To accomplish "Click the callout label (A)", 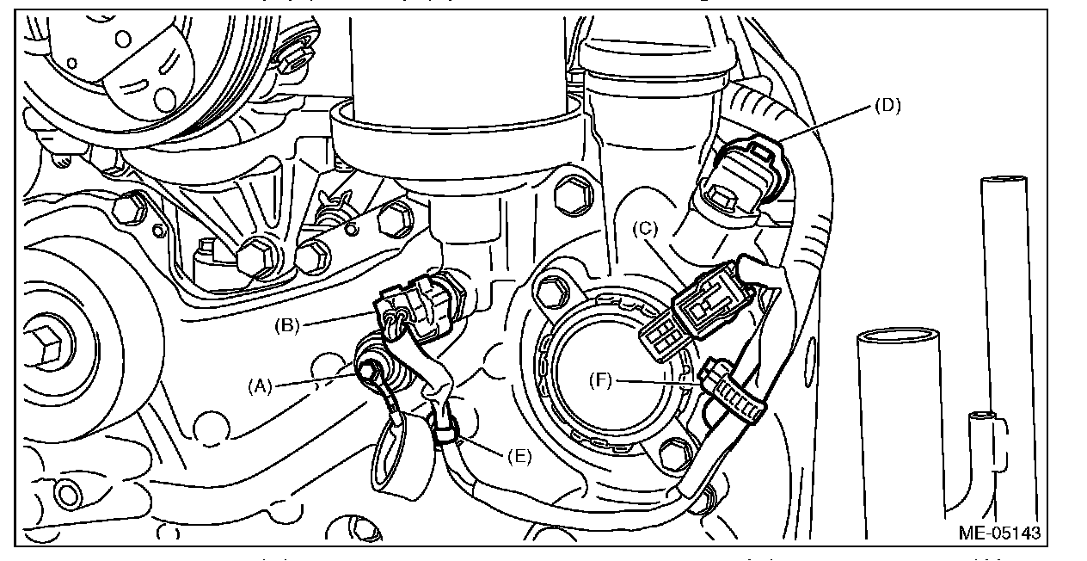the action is click(x=260, y=386).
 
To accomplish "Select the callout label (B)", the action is click(x=286, y=325).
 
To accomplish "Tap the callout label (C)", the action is click(x=645, y=230).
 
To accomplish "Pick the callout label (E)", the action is click(x=519, y=456).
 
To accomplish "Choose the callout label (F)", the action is click(x=602, y=379).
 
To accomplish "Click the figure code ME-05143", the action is click(x=1000, y=533).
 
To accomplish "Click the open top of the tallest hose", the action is click(x=1005, y=182).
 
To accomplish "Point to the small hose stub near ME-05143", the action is click(x=980, y=417).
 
